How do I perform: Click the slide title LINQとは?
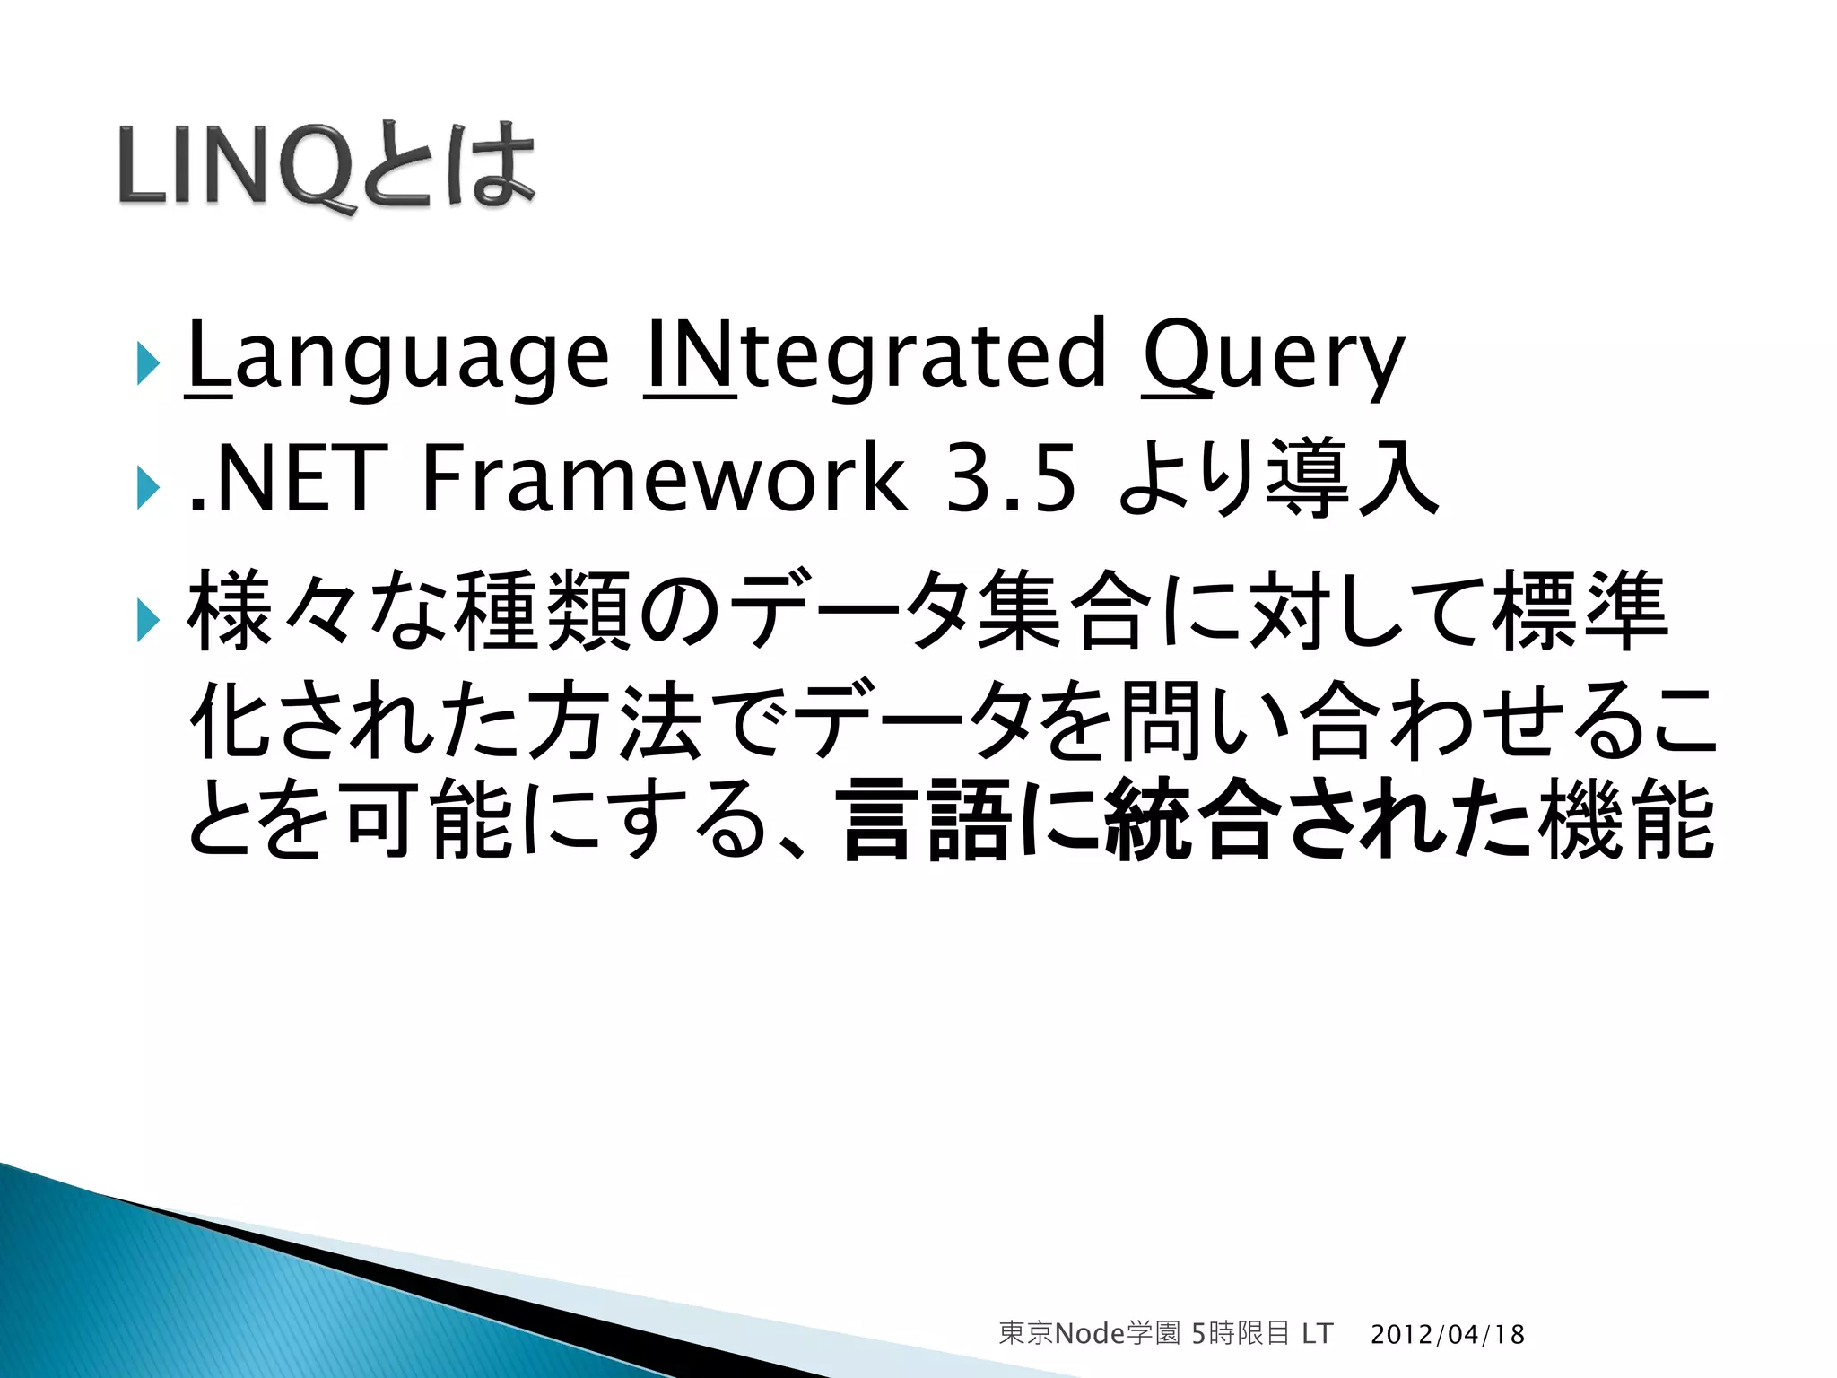[326, 166]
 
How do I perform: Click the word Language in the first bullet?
[397, 356]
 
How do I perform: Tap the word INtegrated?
[875, 356]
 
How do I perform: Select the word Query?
[1273, 356]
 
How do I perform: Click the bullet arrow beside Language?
[148, 363]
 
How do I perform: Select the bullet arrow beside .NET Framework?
[148, 489]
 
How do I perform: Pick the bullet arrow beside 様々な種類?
[148, 621]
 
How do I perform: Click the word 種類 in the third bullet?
[544, 612]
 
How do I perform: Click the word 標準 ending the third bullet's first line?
[1579, 612]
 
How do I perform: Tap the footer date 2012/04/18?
[1447, 1334]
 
